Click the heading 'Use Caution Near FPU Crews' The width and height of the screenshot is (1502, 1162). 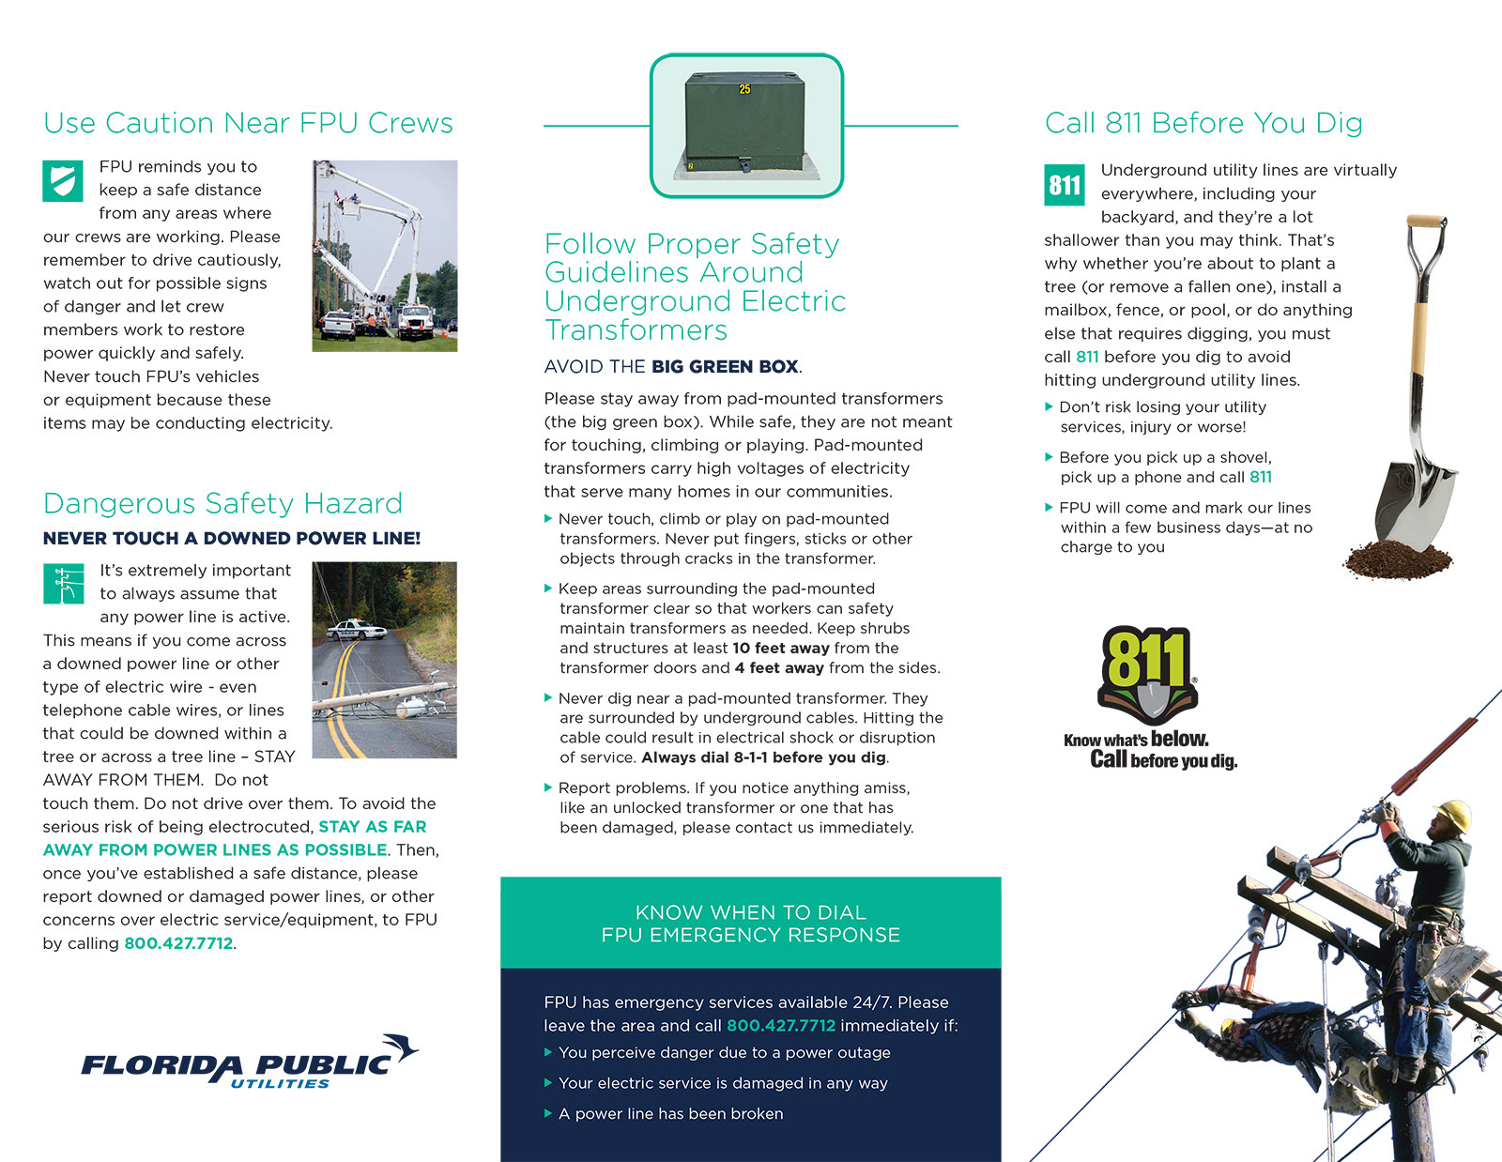248,123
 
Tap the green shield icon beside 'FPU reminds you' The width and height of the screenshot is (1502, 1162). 63,181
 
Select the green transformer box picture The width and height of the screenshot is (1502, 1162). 746,125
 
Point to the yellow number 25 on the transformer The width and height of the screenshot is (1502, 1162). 744,89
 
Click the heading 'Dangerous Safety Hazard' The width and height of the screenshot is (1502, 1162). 222,504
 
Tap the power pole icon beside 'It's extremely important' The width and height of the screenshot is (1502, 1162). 63,583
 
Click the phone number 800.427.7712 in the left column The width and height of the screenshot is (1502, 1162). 178,943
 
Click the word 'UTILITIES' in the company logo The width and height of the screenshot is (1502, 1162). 280,1084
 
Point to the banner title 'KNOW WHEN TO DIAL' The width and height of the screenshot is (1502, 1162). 750,912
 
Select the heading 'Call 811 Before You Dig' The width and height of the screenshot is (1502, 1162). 1203,123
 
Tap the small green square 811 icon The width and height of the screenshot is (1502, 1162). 1065,185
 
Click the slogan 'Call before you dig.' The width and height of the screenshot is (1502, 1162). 1163,760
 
